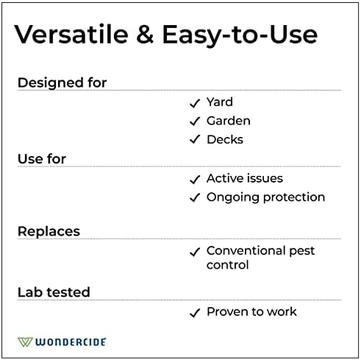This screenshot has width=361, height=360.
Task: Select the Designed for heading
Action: click(62, 82)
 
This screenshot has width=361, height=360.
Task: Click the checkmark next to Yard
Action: click(195, 102)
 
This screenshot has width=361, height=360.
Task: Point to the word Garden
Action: click(228, 121)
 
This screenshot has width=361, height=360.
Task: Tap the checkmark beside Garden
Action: click(195, 121)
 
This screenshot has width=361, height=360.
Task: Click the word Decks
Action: click(224, 139)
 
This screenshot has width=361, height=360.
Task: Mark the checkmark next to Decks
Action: click(195, 140)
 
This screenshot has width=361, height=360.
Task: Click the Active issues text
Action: click(244, 178)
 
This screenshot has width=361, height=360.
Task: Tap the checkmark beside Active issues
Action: click(195, 179)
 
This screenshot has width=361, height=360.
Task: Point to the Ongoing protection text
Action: click(265, 197)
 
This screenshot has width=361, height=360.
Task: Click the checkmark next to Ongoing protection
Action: click(195, 198)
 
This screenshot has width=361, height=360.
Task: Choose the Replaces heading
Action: click(49, 231)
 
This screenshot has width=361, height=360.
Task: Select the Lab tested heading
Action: click(54, 292)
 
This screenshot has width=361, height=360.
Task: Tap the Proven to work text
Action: click(251, 311)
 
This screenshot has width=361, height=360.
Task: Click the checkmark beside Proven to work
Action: click(195, 312)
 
